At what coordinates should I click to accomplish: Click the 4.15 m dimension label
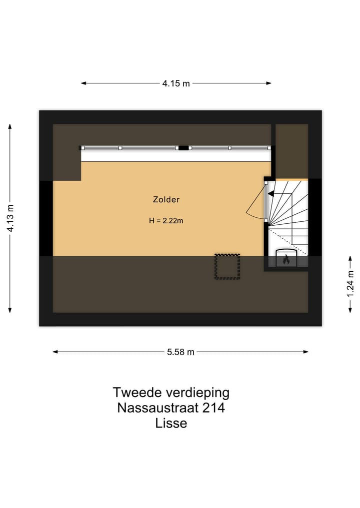176,83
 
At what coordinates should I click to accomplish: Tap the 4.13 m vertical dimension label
10,219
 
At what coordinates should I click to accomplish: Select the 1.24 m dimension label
350,284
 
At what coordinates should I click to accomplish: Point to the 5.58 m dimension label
180,352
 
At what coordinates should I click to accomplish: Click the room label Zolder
166,200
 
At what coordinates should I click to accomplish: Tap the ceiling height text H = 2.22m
166,220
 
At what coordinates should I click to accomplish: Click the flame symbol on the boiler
285,260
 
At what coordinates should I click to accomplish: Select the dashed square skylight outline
227,266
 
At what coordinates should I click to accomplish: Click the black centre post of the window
183,148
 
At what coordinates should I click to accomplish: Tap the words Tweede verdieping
171,392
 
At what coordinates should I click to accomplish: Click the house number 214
213,408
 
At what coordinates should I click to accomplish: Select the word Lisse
171,424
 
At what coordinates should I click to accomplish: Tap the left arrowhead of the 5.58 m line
55,352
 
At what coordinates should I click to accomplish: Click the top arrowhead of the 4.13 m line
10,126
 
